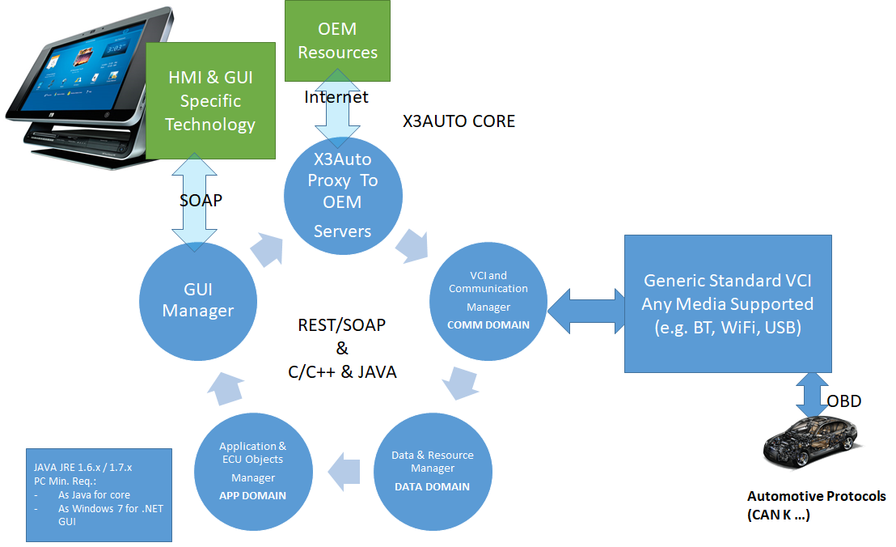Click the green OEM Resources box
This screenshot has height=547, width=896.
337,40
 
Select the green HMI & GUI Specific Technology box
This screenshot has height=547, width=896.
211,101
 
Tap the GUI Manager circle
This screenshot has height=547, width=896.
198,300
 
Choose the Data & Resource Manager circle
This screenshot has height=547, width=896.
432,470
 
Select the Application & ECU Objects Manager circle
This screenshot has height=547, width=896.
253,471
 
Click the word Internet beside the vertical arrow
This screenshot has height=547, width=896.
336,97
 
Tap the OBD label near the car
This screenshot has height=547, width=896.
843,401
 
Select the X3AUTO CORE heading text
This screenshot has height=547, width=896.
459,121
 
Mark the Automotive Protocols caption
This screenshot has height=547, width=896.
816,505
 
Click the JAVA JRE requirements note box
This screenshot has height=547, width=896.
99,494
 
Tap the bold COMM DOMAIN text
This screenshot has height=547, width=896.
488,325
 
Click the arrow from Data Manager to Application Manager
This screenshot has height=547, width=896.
343,470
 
